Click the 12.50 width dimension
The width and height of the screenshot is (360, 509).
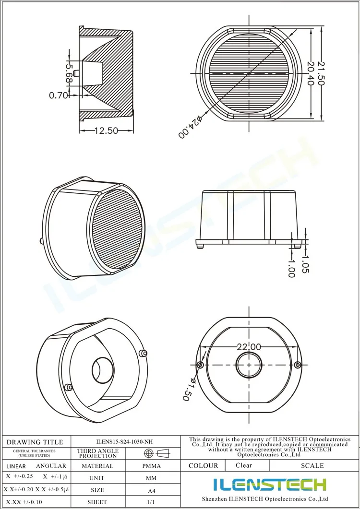106,130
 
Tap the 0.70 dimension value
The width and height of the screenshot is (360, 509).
59,95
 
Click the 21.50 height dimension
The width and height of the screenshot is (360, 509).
321,73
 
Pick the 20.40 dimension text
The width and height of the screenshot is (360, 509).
310,73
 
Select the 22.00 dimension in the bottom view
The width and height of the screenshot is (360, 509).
249,347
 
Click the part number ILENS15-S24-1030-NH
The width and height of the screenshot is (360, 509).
125,442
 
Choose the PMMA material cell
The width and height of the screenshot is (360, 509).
152,466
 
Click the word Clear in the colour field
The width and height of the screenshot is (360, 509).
244,465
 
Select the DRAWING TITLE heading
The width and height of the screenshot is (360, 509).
35,442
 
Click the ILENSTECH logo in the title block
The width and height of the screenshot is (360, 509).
270,485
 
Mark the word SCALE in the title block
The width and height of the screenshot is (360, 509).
312,465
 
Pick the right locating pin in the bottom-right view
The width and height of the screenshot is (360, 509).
299,365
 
